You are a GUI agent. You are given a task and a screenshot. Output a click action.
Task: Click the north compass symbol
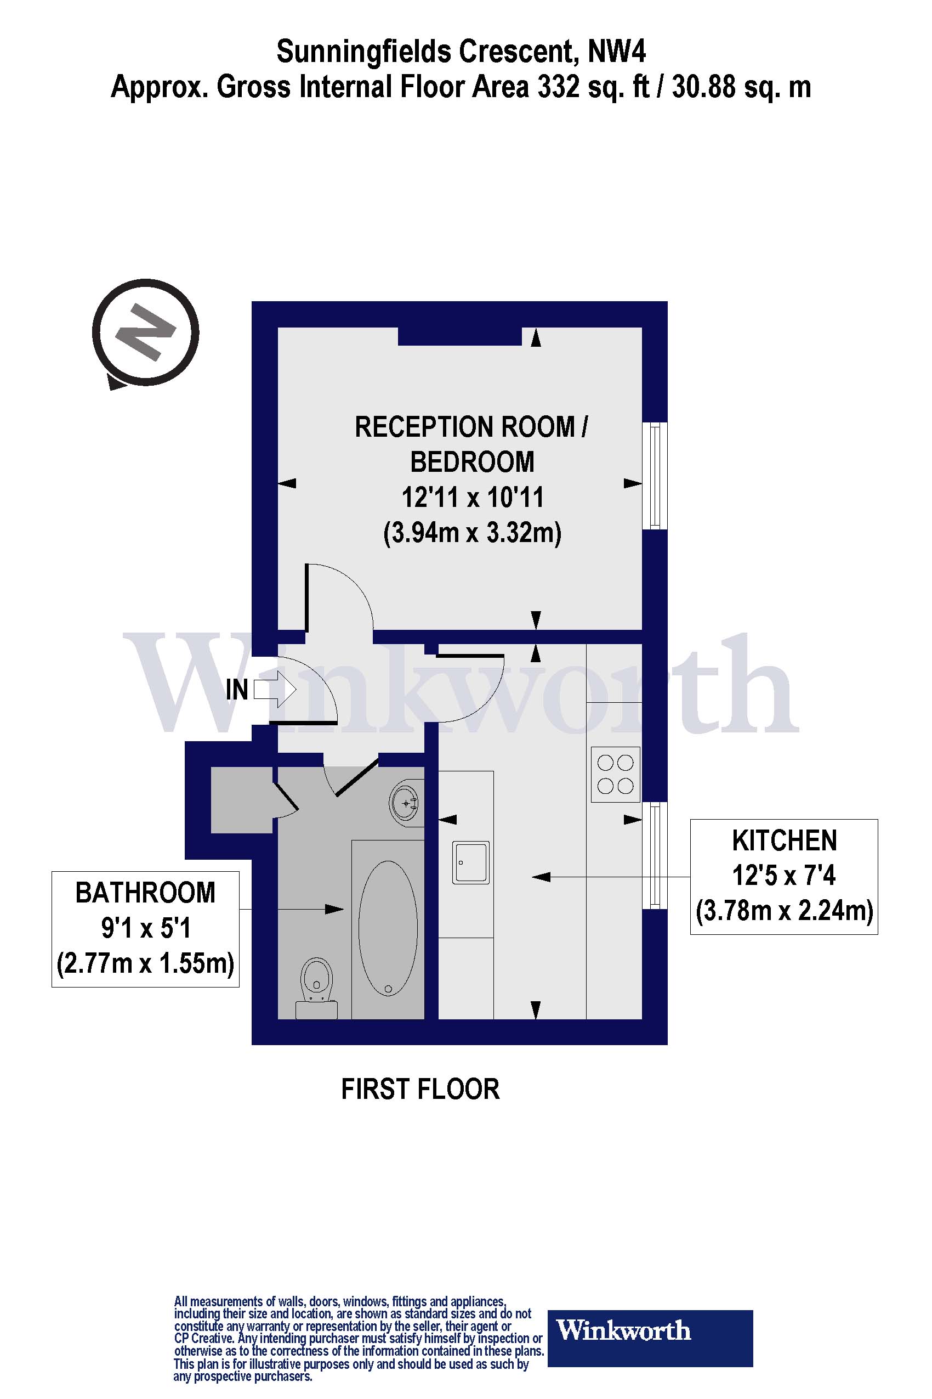[x=146, y=333]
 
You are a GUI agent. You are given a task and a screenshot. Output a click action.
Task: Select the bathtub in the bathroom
[x=388, y=928]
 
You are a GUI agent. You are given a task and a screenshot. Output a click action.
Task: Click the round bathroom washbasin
[x=407, y=803]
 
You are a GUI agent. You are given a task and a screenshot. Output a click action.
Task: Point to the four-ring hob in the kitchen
[x=615, y=774]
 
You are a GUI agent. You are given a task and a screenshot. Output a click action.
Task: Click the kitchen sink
[x=471, y=862]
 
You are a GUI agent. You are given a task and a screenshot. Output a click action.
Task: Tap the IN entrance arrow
[x=275, y=690]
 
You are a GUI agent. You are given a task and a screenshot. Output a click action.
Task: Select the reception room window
[x=655, y=475]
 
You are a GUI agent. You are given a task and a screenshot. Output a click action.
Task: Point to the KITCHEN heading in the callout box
[x=784, y=840]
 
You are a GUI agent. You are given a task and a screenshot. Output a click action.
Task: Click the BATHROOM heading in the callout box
[x=145, y=893]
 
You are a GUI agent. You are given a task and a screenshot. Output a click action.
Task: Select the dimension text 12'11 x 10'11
[x=473, y=497]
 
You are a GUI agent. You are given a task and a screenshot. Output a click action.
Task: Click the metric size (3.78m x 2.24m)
[x=784, y=911]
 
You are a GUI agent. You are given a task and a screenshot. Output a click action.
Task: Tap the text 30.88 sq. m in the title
[x=741, y=87]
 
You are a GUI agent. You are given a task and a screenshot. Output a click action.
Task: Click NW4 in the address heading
[x=616, y=52]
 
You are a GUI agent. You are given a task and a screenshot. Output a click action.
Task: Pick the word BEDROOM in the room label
[x=473, y=462]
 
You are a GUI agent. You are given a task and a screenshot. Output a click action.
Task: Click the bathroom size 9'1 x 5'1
[x=145, y=928]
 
